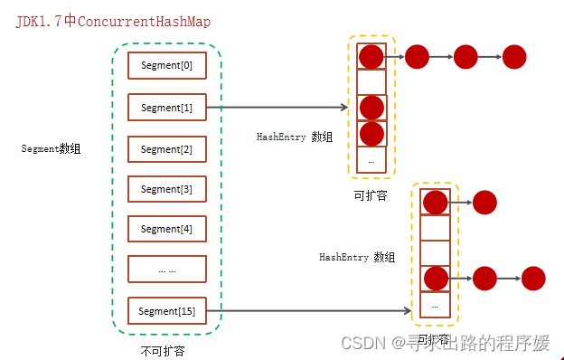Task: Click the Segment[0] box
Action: (x=167, y=66)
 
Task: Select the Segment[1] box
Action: (x=167, y=108)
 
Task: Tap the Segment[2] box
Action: (x=167, y=148)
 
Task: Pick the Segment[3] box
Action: (x=167, y=189)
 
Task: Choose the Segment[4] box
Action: (x=167, y=229)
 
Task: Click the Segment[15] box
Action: (x=167, y=311)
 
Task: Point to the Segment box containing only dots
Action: (x=167, y=270)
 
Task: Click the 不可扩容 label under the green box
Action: (x=164, y=350)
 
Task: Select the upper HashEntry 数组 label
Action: (x=295, y=137)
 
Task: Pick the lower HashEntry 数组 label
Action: (x=357, y=257)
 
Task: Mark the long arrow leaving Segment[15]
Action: (x=307, y=311)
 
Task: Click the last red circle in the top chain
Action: (x=514, y=57)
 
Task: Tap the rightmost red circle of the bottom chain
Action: (x=533, y=279)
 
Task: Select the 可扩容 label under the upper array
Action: (x=371, y=194)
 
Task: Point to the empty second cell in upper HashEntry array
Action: (x=371, y=81)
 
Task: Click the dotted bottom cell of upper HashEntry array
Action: (x=371, y=160)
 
